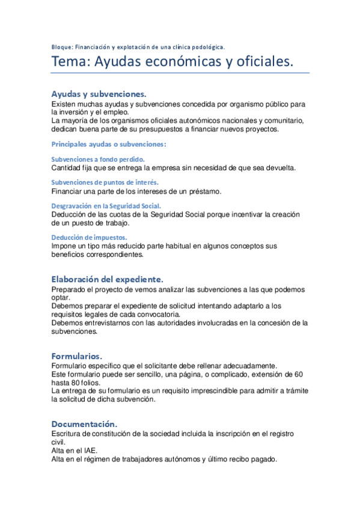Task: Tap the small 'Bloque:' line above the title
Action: point(138,46)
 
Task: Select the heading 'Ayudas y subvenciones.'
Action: point(99,94)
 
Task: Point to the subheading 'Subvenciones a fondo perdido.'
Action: point(98,159)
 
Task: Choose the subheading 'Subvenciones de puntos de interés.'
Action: point(105,182)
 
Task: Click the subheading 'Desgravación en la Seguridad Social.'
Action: point(106,206)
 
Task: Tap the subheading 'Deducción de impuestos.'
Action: point(89,237)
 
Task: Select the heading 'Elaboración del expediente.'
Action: point(107,280)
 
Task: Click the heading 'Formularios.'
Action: point(77,355)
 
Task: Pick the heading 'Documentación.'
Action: point(84,423)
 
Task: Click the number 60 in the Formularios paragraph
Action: point(298,374)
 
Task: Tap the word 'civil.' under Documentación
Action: point(60,442)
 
